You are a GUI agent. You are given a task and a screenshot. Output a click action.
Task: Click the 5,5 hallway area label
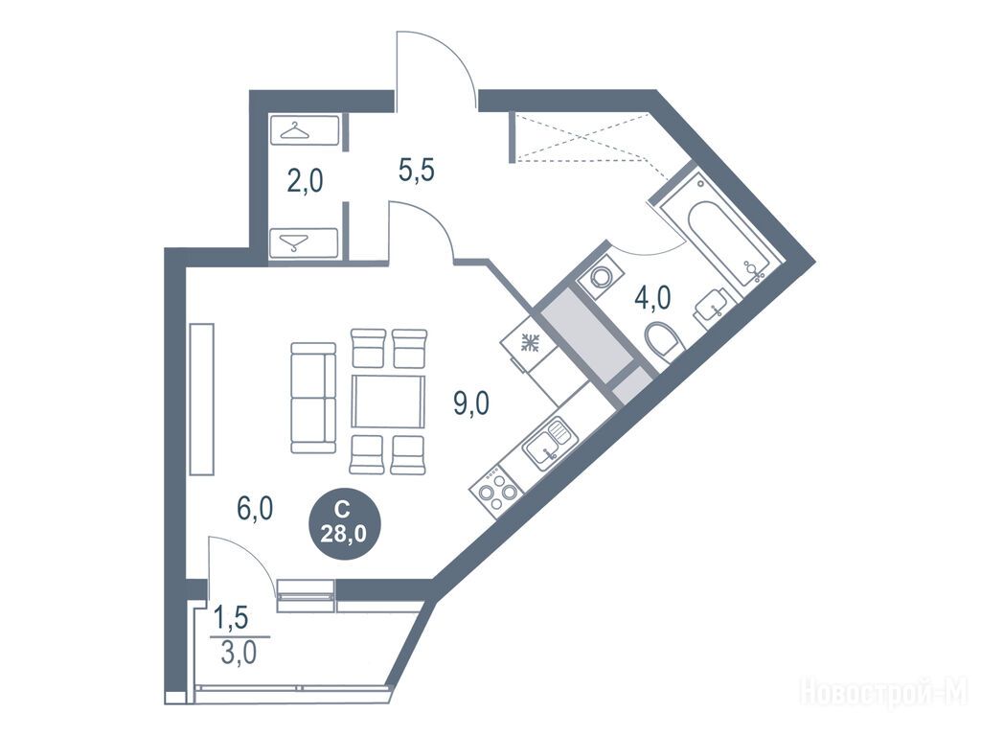[x=417, y=170]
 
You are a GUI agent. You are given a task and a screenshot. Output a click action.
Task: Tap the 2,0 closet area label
[x=306, y=181]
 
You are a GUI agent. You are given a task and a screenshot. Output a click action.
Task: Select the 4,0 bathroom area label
[x=652, y=298]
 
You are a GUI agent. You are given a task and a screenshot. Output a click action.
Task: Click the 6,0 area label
[x=255, y=509]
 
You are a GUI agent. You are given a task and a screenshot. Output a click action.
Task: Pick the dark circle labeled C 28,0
[x=344, y=524]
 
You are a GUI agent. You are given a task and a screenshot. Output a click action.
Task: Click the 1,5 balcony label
[x=232, y=618]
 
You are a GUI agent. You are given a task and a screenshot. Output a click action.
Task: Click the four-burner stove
[x=496, y=490]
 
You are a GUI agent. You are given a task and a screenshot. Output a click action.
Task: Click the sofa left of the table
[x=313, y=398]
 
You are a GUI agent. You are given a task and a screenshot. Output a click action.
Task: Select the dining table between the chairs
[x=388, y=402]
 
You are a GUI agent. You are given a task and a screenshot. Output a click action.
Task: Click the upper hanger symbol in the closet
[x=295, y=130]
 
